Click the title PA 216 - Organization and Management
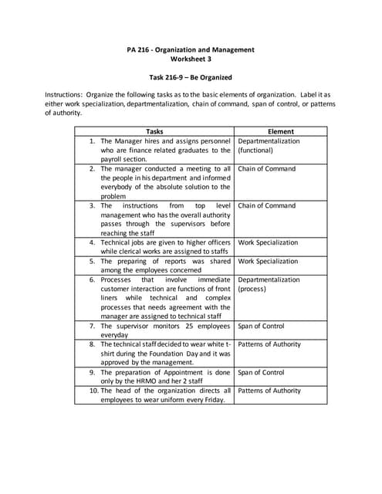click(190, 50)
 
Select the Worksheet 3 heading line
click(190, 59)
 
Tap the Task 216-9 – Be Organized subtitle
click(190, 78)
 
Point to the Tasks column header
click(154, 131)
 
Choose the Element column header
click(280, 131)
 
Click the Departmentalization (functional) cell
click(269, 146)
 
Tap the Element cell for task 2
click(266, 169)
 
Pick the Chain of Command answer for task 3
click(266, 206)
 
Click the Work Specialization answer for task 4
click(268, 242)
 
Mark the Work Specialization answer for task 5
click(268, 261)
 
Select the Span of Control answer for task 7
click(261, 326)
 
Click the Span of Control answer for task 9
click(261, 372)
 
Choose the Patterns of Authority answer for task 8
click(269, 344)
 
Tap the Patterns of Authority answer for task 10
click(269, 391)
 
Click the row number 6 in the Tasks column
click(92, 279)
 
